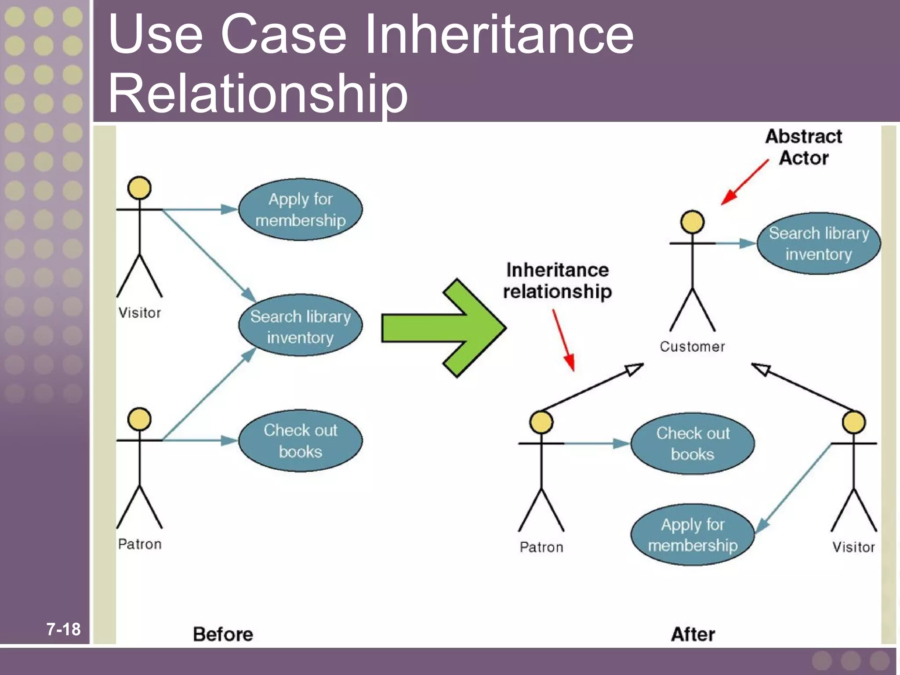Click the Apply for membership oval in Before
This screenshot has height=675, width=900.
point(300,209)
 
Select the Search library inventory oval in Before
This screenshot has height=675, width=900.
point(300,326)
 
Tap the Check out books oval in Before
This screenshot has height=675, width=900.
point(300,440)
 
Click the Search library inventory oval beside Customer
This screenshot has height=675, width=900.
point(818,243)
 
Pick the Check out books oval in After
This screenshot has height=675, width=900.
point(693,443)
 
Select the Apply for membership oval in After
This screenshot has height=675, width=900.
point(693,534)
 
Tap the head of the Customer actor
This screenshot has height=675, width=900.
point(692,221)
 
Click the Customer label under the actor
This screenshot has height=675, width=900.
point(692,347)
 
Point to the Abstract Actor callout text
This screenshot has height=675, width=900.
point(803,147)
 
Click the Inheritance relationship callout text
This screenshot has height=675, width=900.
point(557,280)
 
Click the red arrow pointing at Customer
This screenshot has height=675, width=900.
point(745,182)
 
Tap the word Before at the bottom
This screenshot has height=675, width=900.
point(223,634)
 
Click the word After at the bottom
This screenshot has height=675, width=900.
point(693,634)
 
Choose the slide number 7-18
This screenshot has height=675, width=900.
point(63,629)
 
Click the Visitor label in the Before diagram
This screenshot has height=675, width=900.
point(140,313)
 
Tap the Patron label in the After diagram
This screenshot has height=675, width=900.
point(541,547)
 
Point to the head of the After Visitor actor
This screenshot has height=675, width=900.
point(853,422)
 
